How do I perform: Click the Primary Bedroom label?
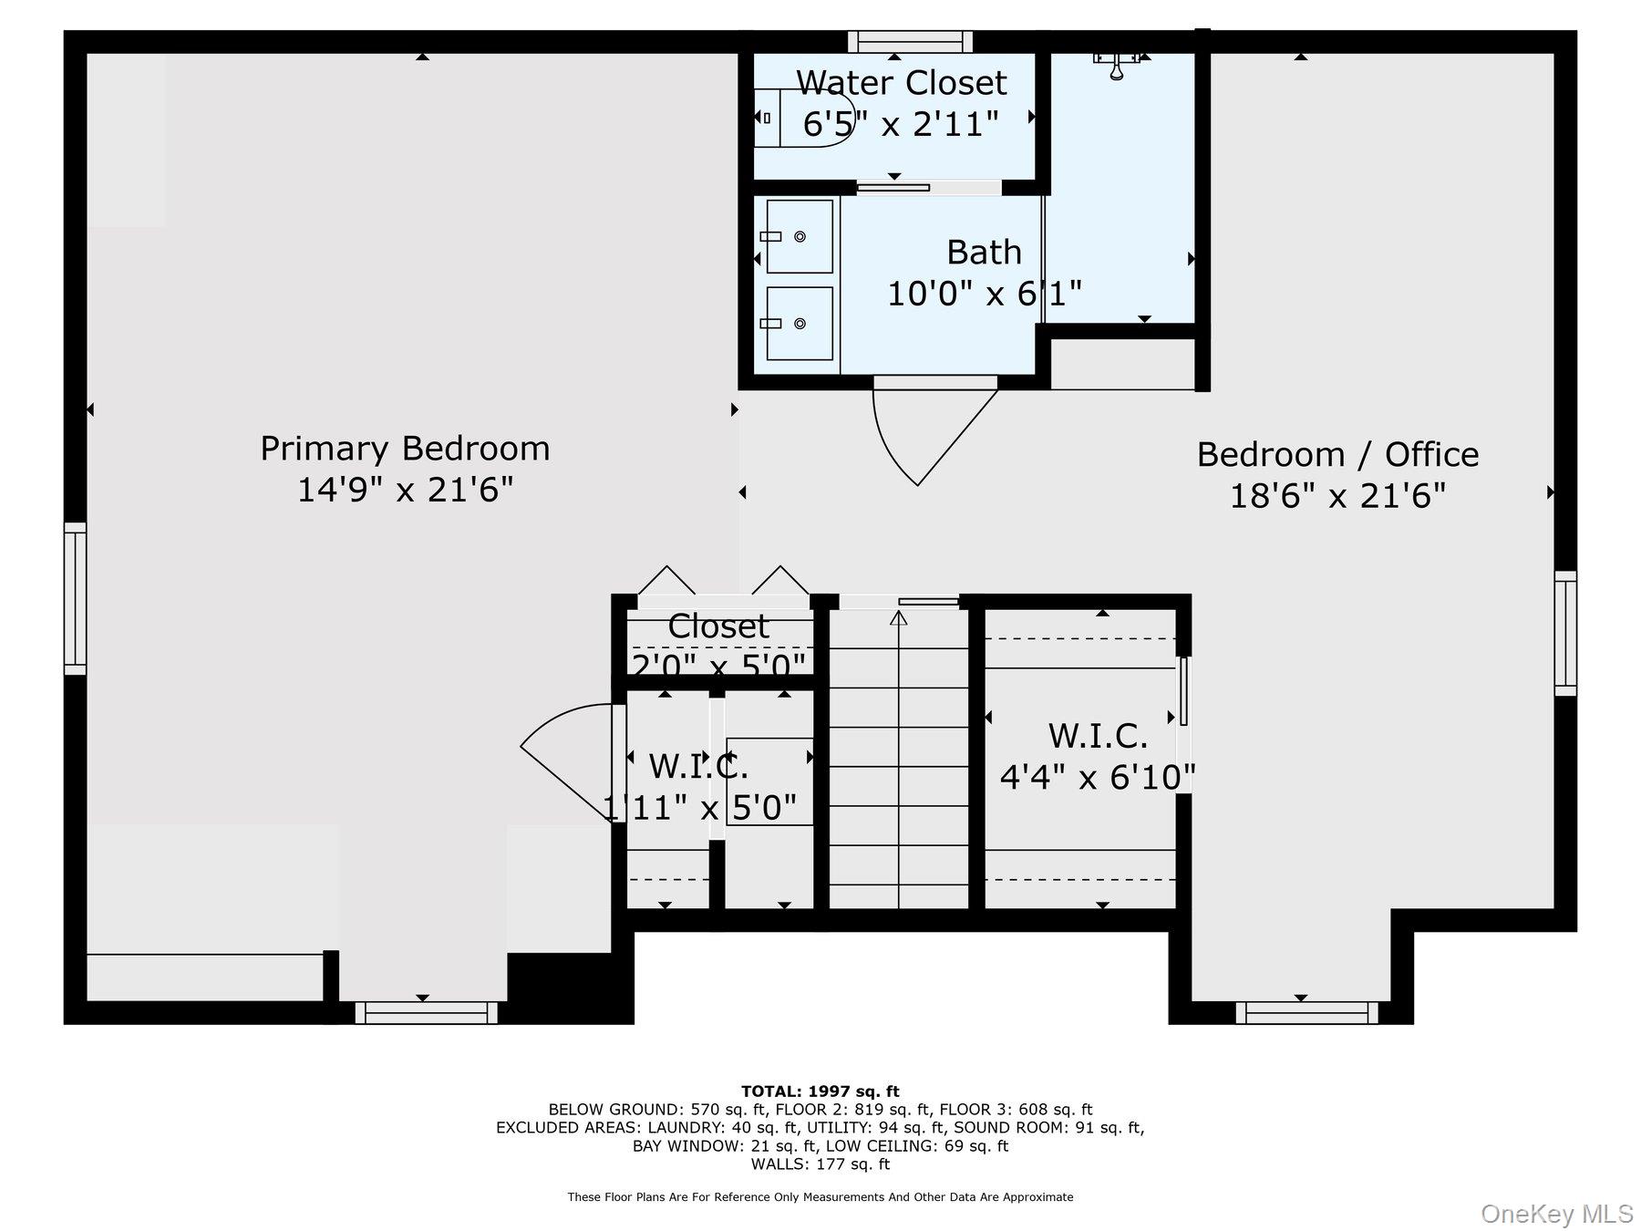point(405,449)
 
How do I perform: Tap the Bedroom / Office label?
point(1337,454)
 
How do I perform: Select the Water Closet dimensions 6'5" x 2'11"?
point(901,123)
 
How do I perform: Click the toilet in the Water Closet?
point(802,118)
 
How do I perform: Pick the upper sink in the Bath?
point(799,236)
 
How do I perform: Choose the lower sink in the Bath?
point(799,324)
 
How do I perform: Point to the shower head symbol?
point(1117,64)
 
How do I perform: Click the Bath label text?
point(984,252)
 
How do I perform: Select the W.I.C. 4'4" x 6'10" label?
point(1098,757)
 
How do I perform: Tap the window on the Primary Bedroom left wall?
point(75,599)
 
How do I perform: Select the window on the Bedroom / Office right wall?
point(1565,634)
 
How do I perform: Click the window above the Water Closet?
point(910,42)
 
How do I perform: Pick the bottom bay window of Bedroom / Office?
point(1306,1012)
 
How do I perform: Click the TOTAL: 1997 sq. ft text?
point(820,1091)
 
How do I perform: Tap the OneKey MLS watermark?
point(1557,1214)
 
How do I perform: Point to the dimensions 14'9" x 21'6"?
point(406,490)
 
